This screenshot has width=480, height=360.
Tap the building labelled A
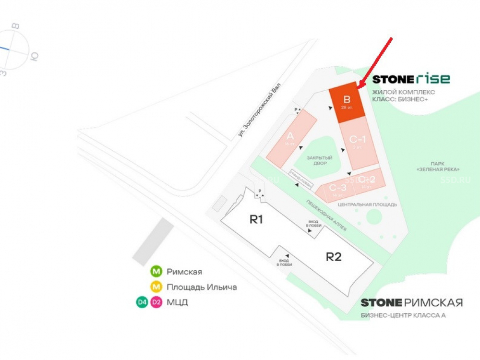click(x=291, y=138)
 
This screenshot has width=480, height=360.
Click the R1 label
click(x=256, y=220)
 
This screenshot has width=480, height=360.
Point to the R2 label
click(x=334, y=256)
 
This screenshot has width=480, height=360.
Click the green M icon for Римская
click(x=156, y=272)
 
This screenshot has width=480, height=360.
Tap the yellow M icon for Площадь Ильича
click(x=156, y=287)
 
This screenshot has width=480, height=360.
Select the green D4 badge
click(x=142, y=302)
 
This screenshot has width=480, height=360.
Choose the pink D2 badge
click(x=156, y=302)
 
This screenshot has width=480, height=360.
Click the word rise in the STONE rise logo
click(x=433, y=79)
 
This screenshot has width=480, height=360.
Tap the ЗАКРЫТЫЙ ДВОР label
click(x=320, y=160)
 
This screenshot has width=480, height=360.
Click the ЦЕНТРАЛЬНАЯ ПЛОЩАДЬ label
click(x=367, y=204)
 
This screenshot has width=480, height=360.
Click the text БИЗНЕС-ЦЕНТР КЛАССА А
click(x=403, y=315)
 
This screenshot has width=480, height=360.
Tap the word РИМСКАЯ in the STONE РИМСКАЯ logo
click(x=433, y=302)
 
